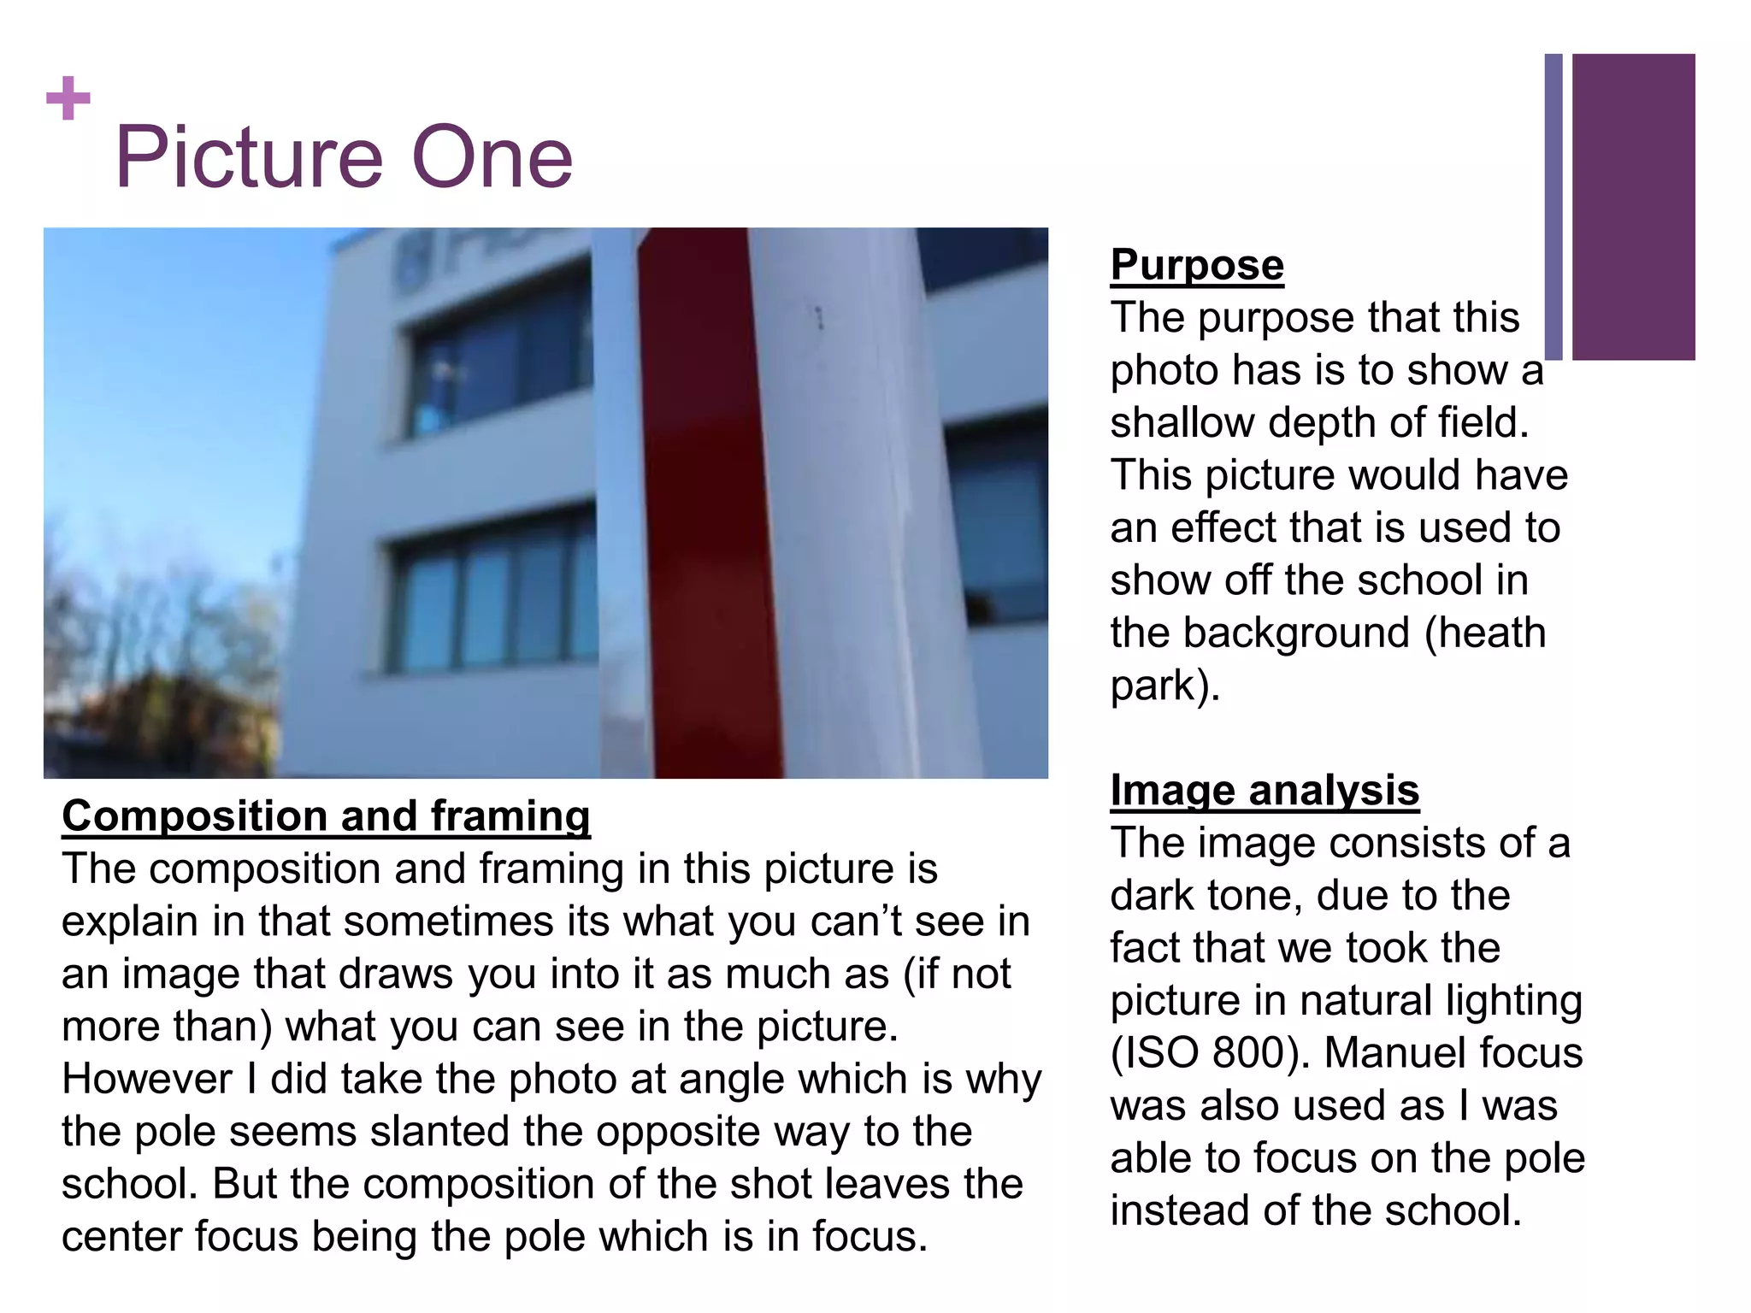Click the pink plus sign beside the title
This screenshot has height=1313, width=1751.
(68, 99)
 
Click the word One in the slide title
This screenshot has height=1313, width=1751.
(492, 158)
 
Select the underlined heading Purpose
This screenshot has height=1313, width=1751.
(1197, 265)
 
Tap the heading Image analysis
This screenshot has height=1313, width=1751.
(1265, 791)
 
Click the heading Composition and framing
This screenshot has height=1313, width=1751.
(326, 816)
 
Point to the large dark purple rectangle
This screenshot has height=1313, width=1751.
(1633, 207)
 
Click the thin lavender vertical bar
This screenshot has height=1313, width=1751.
(1553, 207)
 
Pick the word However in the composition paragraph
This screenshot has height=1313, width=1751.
(146, 1080)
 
